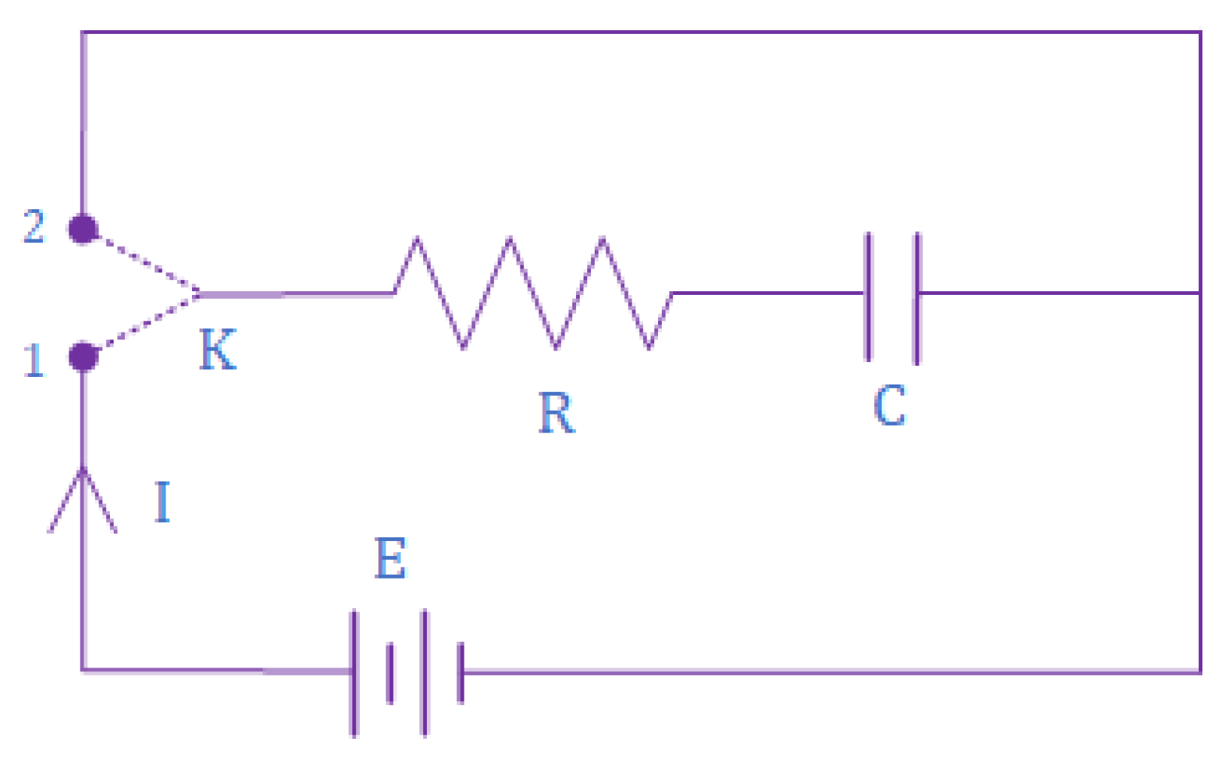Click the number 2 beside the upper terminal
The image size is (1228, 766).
pyautogui.click(x=34, y=226)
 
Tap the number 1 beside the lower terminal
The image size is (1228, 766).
pyautogui.click(x=34, y=360)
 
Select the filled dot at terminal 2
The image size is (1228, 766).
pyautogui.click(x=83, y=229)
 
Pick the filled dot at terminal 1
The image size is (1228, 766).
pyautogui.click(x=83, y=356)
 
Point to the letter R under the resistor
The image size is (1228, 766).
pyautogui.click(x=556, y=413)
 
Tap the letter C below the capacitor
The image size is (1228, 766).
pyautogui.click(x=889, y=406)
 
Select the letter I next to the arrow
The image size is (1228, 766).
pyautogui.click(x=163, y=502)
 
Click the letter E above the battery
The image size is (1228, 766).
pyautogui.click(x=390, y=558)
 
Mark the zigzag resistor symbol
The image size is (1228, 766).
pyautogui.click(x=533, y=293)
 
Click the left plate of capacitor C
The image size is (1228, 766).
pyautogui.click(x=868, y=297)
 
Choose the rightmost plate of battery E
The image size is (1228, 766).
pyautogui.click(x=461, y=672)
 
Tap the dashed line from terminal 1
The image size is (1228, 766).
pyautogui.click(x=143, y=325)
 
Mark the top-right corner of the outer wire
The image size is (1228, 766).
pyautogui.click(x=1199, y=32)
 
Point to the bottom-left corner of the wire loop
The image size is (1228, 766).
pyautogui.click(x=83, y=669)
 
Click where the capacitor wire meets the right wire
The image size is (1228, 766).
pyautogui.click(x=1199, y=293)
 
